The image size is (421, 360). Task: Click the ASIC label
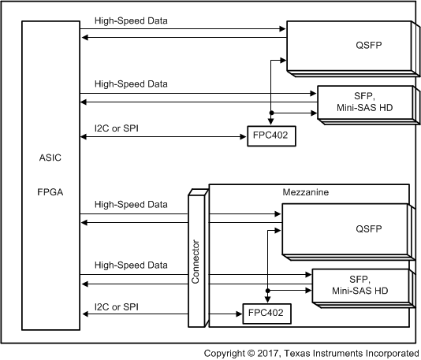[x=50, y=158]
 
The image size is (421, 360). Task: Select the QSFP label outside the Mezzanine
[x=346, y=45]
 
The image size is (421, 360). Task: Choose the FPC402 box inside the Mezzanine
[x=264, y=313]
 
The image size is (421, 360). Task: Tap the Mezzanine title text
[x=305, y=191]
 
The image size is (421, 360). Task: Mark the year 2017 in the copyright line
[x=271, y=352]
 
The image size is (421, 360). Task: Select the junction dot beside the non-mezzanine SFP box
[x=270, y=113]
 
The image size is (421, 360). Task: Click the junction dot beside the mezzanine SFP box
[x=268, y=291]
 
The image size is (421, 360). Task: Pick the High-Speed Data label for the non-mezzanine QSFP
[x=131, y=20]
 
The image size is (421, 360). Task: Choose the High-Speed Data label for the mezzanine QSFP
[x=131, y=205]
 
